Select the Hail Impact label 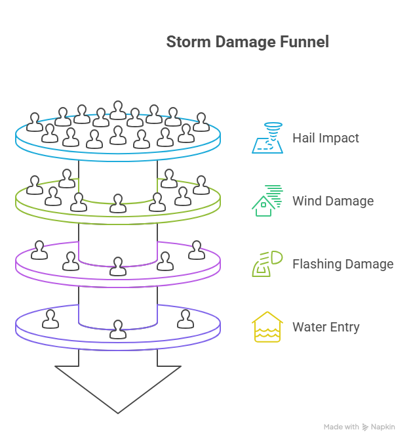pyautogui.click(x=326, y=138)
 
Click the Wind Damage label pyautogui.click(x=333, y=201)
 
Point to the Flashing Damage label pyautogui.click(x=343, y=265)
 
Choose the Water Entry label pyautogui.click(x=326, y=328)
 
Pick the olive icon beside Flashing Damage pyautogui.click(x=267, y=264)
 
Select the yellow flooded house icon pyautogui.click(x=267, y=327)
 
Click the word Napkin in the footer pyautogui.click(x=383, y=427)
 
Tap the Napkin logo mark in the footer pyautogui.click(x=365, y=427)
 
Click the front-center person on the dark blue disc pyautogui.click(x=118, y=329)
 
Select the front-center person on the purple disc pyautogui.click(x=118, y=266)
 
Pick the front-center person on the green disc pyautogui.click(x=118, y=203)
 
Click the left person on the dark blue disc pyautogui.click(x=50, y=319)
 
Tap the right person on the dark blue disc pyautogui.click(x=186, y=319)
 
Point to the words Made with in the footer pyautogui.click(x=341, y=427)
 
